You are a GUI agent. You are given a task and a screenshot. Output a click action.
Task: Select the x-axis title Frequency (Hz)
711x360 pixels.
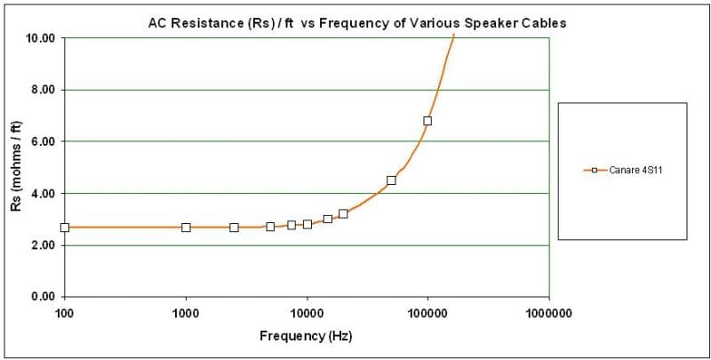tap(306, 337)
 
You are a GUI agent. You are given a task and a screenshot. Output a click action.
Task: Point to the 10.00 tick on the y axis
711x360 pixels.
tap(41, 39)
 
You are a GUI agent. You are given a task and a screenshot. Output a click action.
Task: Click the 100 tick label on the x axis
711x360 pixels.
tap(64, 313)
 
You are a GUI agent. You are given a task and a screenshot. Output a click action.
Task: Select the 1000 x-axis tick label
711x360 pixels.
tap(186, 313)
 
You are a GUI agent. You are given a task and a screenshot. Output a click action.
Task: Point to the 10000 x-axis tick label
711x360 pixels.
tap(307, 313)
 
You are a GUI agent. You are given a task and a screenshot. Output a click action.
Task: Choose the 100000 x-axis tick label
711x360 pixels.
tap(427, 313)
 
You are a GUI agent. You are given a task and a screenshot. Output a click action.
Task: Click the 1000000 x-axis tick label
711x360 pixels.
tap(548, 313)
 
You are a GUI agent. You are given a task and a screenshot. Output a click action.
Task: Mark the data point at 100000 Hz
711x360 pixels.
tap(427, 121)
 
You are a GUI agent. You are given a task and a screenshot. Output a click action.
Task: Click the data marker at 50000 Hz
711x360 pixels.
tap(391, 180)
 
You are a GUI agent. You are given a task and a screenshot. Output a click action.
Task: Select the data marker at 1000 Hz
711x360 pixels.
tap(186, 228)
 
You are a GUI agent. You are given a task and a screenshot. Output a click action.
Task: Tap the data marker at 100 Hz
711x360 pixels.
tap(64, 228)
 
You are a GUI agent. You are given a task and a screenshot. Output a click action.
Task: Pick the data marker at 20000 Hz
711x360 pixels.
tap(343, 214)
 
